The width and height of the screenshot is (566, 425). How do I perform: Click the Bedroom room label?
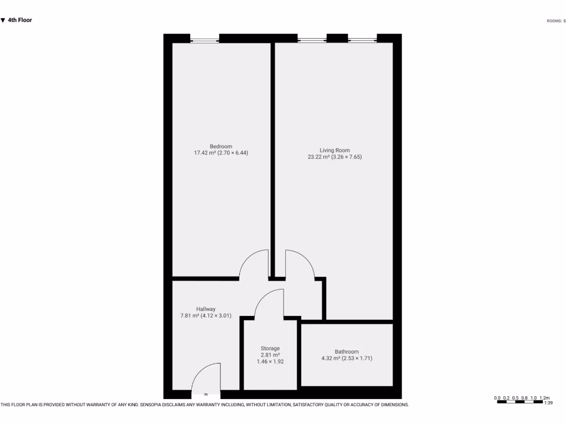click(x=221, y=146)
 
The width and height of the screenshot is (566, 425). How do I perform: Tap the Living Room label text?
click(x=334, y=150)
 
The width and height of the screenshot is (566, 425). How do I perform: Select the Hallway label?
click(x=206, y=309)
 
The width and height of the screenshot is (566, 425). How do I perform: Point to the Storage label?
click(x=270, y=349)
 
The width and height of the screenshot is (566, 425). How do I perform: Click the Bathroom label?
click(x=347, y=351)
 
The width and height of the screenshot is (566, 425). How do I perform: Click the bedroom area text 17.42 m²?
click(x=204, y=153)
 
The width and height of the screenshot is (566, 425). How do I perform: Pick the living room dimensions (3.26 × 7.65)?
click(x=347, y=157)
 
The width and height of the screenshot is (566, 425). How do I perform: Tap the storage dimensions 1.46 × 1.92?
click(x=270, y=361)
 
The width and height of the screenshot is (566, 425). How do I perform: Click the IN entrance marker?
click(x=206, y=395)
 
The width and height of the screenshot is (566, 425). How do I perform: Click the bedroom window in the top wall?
click(x=205, y=39)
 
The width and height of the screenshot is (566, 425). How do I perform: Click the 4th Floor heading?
click(x=20, y=20)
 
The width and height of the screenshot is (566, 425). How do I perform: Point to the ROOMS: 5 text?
click(x=555, y=21)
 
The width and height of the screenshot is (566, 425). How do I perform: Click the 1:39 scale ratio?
click(x=548, y=403)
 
